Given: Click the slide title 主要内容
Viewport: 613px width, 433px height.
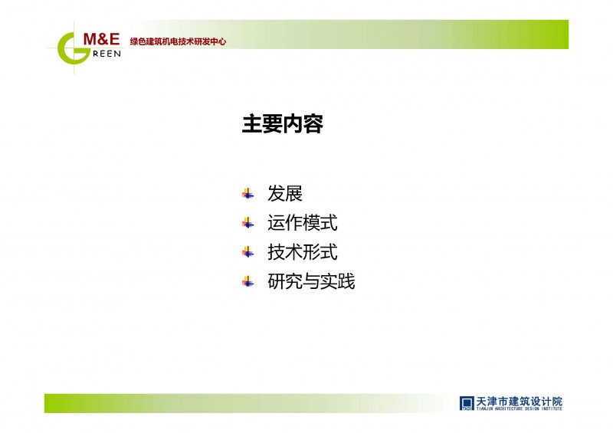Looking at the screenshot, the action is pyautogui.click(x=283, y=124).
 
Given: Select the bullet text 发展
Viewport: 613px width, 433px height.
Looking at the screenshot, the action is pyautogui.click(x=285, y=194).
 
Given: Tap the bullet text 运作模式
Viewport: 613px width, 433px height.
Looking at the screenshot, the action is pyautogui.click(x=302, y=223).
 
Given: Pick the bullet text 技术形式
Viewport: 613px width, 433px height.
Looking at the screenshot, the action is pyautogui.click(x=302, y=252).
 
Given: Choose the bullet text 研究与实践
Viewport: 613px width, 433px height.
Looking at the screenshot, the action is pyautogui.click(x=311, y=281).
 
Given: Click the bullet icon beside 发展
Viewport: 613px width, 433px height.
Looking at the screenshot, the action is pyautogui.click(x=247, y=194).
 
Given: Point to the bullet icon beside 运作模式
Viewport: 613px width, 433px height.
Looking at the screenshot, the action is pyautogui.click(x=247, y=223).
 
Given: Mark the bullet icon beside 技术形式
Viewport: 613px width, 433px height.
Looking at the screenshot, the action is pyautogui.click(x=247, y=252).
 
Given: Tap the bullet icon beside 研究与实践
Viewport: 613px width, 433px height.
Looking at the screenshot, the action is pyautogui.click(x=247, y=281).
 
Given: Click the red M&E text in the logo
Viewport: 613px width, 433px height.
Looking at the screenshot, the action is pyautogui.click(x=102, y=39).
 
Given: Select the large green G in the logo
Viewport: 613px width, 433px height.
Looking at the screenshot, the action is pyautogui.click(x=72, y=48).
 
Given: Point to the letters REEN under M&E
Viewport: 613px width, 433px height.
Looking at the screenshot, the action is pyautogui.click(x=107, y=54).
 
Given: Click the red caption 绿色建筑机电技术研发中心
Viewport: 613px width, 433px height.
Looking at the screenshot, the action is pyautogui.click(x=178, y=41).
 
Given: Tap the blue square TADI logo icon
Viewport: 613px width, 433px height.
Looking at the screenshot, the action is pyautogui.click(x=467, y=403).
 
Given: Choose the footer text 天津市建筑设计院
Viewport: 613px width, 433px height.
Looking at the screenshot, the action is pyautogui.click(x=520, y=402).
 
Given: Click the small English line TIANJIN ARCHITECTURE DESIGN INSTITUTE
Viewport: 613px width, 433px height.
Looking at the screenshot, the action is pyautogui.click(x=520, y=408).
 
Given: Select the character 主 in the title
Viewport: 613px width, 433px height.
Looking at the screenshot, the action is pyautogui.click(x=252, y=124).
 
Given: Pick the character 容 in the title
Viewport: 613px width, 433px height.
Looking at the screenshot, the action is pyautogui.click(x=313, y=124).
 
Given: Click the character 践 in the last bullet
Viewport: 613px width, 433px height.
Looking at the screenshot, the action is pyautogui.click(x=346, y=281).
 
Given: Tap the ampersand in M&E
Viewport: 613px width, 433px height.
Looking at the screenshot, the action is pyautogui.click(x=103, y=39).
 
